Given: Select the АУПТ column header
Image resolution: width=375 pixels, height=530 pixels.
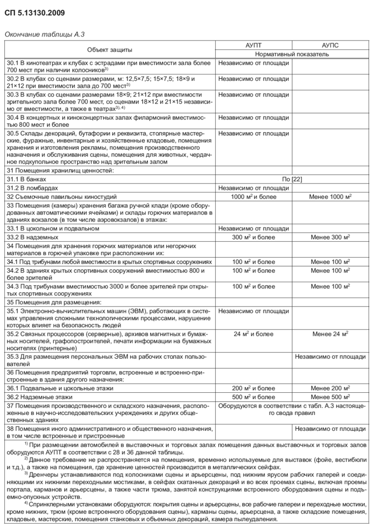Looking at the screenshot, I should [x=254, y=45].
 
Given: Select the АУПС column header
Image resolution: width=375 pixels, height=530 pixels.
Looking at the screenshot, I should [x=330, y=45].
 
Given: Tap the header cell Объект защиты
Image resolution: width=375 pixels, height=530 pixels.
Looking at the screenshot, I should [x=110, y=49].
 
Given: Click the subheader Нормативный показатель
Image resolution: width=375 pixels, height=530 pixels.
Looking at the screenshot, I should [x=292, y=54].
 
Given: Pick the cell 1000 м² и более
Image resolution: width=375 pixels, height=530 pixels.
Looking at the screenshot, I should [x=254, y=196].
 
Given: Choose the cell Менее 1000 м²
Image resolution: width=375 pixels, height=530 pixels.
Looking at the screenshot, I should [x=330, y=196].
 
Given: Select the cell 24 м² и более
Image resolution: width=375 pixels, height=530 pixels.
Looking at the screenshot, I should [x=254, y=334].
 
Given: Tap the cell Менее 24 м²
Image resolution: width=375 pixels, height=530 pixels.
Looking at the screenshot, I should [x=330, y=334].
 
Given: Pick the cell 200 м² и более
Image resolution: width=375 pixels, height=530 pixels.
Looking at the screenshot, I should [x=254, y=388].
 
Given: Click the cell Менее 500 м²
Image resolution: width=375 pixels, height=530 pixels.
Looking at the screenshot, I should [x=330, y=397].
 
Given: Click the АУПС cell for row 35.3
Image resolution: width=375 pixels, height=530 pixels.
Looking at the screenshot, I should [x=330, y=356].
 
